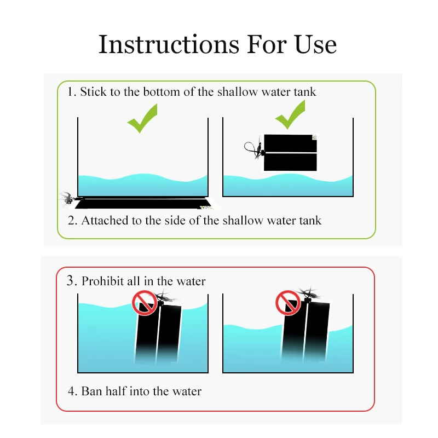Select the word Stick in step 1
[94, 92]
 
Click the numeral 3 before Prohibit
[71, 281]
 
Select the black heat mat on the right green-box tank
[290, 153]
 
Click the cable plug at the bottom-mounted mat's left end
[67, 198]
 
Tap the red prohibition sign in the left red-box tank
[143, 302]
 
